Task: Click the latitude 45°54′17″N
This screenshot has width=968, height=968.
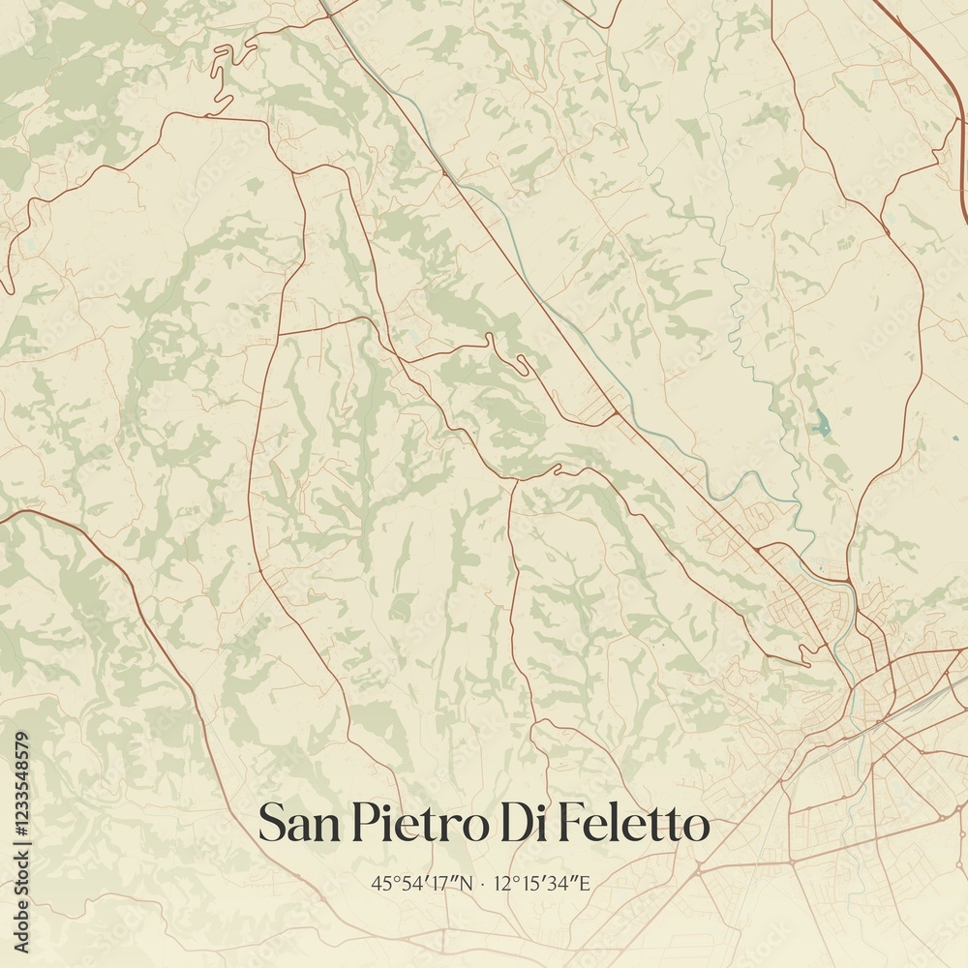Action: pyautogui.click(x=423, y=883)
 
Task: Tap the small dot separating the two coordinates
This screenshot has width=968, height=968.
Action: pyautogui.click(x=484, y=883)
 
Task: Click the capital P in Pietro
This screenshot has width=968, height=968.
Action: pyautogui.click(x=359, y=826)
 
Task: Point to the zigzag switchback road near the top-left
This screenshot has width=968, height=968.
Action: pyautogui.click(x=225, y=73)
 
